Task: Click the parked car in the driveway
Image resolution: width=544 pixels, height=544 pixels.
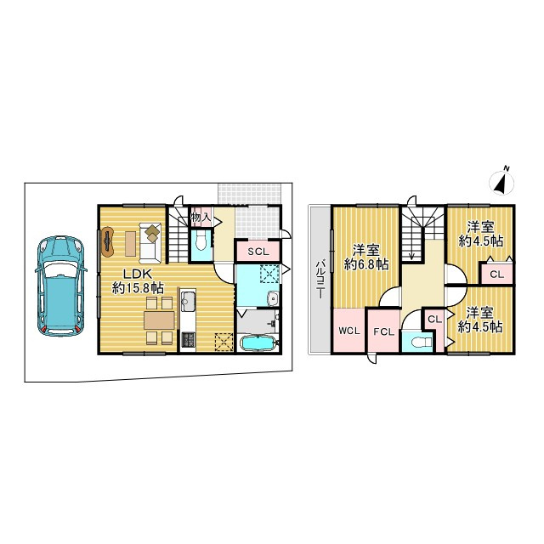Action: tap(61, 287)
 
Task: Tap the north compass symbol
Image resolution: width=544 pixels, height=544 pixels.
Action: tap(501, 181)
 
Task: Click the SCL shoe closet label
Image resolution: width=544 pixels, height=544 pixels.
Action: tap(258, 252)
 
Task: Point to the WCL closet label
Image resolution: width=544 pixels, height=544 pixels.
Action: tap(349, 331)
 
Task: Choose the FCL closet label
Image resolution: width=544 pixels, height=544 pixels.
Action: tap(383, 332)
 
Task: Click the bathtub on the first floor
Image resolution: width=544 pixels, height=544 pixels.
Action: tap(258, 343)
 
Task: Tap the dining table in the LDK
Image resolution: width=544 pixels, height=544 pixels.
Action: tap(159, 320)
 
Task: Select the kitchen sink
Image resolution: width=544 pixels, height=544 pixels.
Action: tap(189, 302)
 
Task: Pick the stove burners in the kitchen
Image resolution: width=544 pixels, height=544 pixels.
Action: tap(189, 340)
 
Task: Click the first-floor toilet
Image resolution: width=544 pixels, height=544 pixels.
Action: tap(201, 241)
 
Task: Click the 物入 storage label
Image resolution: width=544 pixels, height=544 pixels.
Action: tap(201, 218)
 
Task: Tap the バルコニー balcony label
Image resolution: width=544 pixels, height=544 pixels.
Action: tap(320, 279)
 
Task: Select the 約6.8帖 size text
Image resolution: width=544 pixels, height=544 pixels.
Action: tap(366, 265)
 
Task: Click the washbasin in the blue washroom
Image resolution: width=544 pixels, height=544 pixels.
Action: tap(273, 299)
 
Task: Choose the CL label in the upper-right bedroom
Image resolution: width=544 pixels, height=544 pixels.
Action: tap(496, 275)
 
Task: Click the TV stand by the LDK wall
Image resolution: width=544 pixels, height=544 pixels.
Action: tap(108, 241)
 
